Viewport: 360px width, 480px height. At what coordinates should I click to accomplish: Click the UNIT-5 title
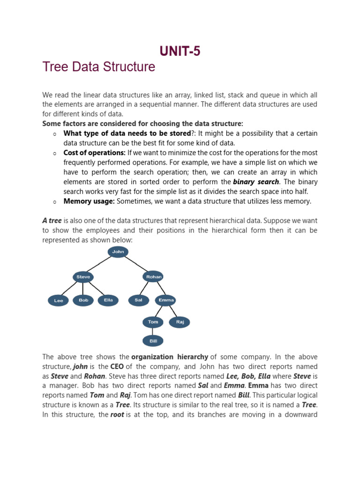pyautogui.click(x=180, y=51)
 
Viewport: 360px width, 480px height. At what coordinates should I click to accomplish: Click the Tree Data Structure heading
pyautogui.click(x=98, y=67)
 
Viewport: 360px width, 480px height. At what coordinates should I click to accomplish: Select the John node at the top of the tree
pyautogui.click(x=118, y=252)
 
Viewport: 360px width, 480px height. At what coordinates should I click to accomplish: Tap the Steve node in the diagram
pyautogui.click(x=83, y=277)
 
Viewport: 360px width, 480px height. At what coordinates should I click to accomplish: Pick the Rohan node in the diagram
pyautogui.click(x=153, y=277)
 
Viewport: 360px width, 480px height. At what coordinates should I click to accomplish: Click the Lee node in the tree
pyautogui.click(x=59, y=300)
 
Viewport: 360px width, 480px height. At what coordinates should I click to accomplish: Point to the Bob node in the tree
pyautogui.click(x=83, y=300)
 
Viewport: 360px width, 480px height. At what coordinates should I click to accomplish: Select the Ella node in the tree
pyautogui.click(x=108, y=300)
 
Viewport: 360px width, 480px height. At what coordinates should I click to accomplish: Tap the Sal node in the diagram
pyautogui.click(x=138, y=300)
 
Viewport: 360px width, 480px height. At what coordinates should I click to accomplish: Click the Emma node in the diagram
pyautogui.click(x=166, y=300)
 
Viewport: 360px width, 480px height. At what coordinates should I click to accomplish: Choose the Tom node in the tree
pyautogui.click(x=153, y=322)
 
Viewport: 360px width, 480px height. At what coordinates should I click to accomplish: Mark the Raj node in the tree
pyautogui.click(x=180, y=322)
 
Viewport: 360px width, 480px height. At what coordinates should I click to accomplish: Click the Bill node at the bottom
pyautogui.click(x=153, y=341)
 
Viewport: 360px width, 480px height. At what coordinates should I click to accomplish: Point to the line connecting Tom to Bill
pyautogui.click(x=153, y=331)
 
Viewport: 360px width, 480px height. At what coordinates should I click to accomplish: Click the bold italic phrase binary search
pyautogui.click(x=256, y=182)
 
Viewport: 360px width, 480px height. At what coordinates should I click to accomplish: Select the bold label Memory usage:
pyautogui.click(x=89, y=201)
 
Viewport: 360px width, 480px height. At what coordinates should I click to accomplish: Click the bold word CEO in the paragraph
pyautogui.click(x=117, y=367)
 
